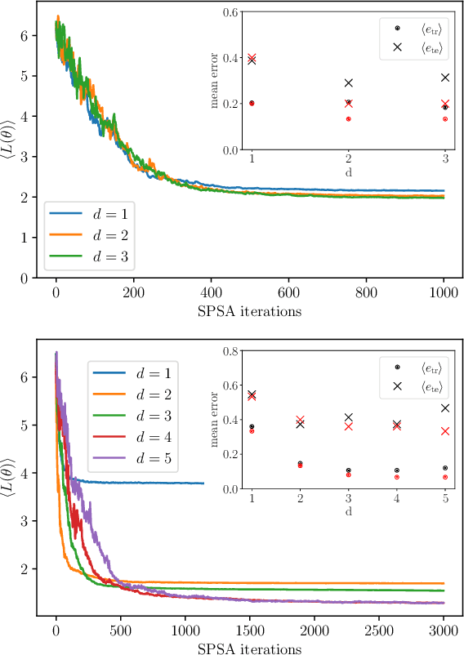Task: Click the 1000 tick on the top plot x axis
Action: point(443,292)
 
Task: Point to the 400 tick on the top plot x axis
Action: point(211,292)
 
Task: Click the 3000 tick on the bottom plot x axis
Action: point(443,633)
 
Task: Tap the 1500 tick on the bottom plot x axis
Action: point(249,633)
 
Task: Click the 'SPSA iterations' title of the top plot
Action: point(250,310)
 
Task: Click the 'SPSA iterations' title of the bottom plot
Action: point(250,649)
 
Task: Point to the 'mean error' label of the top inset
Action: point(216,82)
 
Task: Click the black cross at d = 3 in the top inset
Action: point(445,78)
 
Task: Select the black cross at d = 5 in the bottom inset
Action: point(445,408)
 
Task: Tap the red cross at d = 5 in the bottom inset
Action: point(445,431)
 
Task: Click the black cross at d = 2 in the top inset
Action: point(348,82)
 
